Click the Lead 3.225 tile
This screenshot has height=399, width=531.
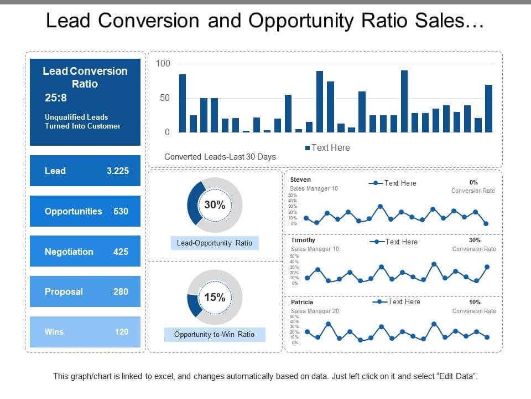pyautogui.click(x=85, y=171)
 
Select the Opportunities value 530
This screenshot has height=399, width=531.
pyautogui.click(x=121, y=211)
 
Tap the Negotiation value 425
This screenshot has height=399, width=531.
pyautogui.click(x=121, y=252)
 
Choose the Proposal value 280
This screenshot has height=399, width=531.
pyautogui.click(x=121, y=291)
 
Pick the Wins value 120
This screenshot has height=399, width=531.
pyautogui.click(x=122, y=332)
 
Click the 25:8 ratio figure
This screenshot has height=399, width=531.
pyautogui.click(x=56, y=98)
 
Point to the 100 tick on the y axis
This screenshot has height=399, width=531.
pyautogui.click(x=163, y=64)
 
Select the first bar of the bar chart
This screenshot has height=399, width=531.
pyautogui.click(x=183, y=103)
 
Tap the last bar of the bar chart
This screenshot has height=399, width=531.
pyautogui.click(x=488, y=108)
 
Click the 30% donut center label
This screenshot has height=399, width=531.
pyautogui.click(x=215, y=205)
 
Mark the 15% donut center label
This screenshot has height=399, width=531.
pyautogui.click(x=215, y=298)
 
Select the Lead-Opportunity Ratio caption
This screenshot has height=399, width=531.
pyautogui.click(x=215, y=243)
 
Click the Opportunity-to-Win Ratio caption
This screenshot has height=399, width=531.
pyautogui.click(x=215, y=335)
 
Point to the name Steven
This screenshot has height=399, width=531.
pyautogui.click(x=300, y=180)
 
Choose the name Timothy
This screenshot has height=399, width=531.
pyautogui.click(x=303, y=240)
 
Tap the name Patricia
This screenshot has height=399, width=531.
pyautogui.click(x=302, y=302)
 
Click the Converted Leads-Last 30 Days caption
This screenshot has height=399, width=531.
pyautogui.click(x=220, y=157)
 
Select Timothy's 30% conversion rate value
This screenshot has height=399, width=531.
pyautogui.click(x=475, y=241)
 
